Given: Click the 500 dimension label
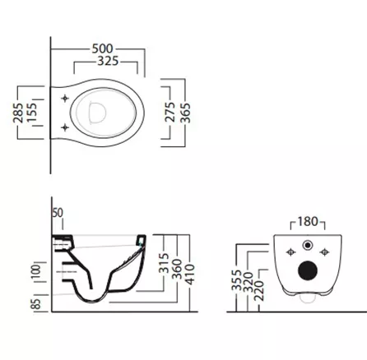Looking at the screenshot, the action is (102, 48).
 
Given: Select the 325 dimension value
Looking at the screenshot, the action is (108, 61).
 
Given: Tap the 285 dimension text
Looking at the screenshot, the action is (18, 113).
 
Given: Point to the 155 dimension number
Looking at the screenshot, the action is (31, 113).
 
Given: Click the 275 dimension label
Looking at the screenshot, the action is (170, 112).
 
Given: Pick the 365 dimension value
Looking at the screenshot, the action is (185, 113).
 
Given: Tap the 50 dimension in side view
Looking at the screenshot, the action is (58, 213).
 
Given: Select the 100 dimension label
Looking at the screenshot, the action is (36, 271).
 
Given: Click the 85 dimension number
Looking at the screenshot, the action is (36, 304).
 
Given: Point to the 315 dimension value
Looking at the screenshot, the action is (164, 263).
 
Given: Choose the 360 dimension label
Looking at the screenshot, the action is (177, 269).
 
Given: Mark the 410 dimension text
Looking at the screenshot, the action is (190, 275).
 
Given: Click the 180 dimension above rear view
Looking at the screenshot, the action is (308, 221).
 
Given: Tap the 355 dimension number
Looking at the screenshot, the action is (236, 280).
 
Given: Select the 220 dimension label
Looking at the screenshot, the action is (259, 290).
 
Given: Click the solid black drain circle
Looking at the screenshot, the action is (308, 270).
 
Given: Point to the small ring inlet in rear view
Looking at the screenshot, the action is (308, 245).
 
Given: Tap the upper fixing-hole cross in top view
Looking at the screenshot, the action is (65, 99).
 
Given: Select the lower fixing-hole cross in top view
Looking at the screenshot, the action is (65, 127).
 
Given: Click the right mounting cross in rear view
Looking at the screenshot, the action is (325, 252).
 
